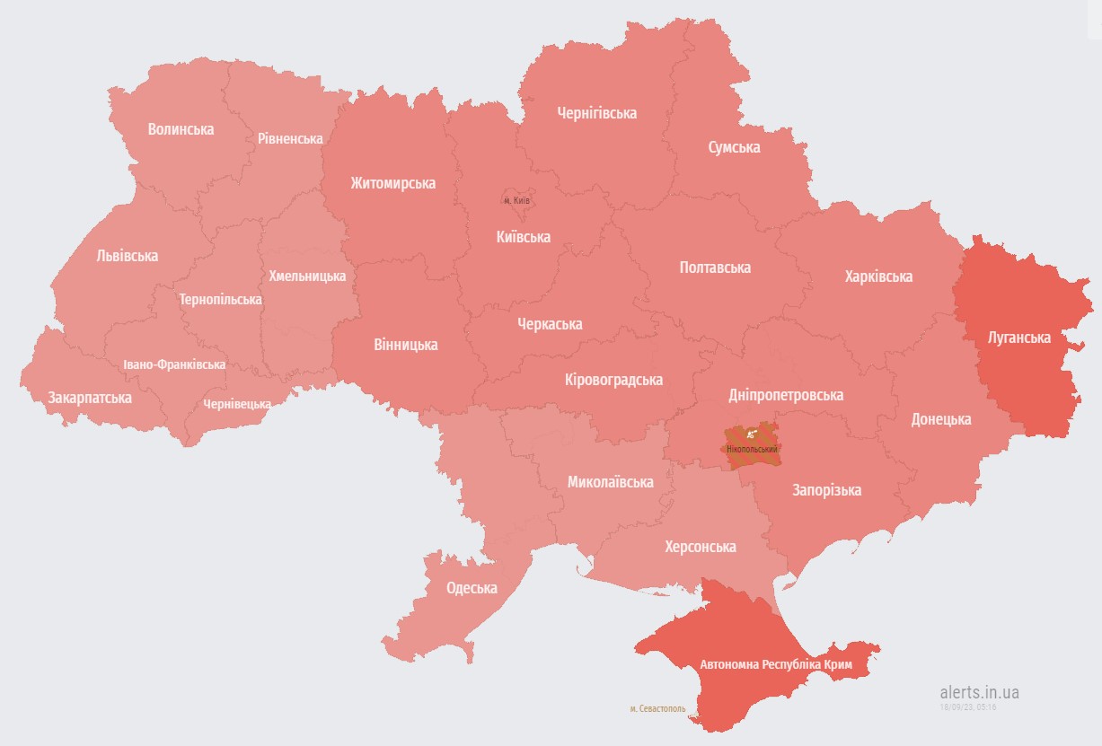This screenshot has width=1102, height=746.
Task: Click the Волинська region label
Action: tap(181, 129)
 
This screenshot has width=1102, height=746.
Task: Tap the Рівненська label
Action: tap(289, 139)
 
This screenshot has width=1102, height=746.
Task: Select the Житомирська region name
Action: tap(392, 183)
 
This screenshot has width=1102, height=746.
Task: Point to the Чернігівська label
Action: tap(596, 113)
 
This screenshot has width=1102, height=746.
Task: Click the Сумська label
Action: tap(733, 147)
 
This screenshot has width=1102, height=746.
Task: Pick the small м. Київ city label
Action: tap(516, 201)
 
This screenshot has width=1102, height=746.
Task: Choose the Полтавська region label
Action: tap(715, 268)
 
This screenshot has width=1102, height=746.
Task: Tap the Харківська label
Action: tap(877, 276)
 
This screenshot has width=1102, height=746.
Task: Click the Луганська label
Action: tap(1018, 338)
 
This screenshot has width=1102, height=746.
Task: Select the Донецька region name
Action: tap(940, 419)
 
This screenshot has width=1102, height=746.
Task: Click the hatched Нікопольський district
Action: tap(753, 443)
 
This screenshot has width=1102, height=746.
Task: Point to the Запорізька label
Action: tap(825, 490)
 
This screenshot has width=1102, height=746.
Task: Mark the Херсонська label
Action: tap(700, 547)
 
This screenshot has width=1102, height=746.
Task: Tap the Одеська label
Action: tap(472, 588)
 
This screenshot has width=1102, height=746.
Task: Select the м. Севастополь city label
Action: tap(657, 708)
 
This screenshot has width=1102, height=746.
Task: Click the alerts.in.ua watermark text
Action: tap(979, 692)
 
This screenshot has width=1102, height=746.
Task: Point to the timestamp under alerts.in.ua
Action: tap(968, 707)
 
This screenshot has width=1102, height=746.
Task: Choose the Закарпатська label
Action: tap(90, 398)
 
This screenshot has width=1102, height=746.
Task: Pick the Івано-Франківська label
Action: tap(174, 365)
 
